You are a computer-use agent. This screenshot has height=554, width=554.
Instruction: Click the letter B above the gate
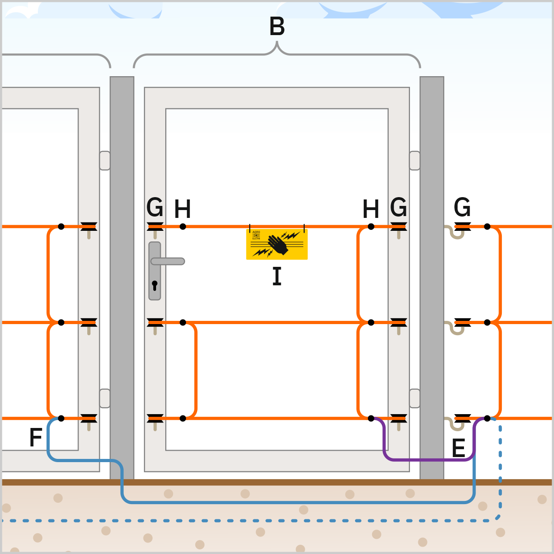[277, 27]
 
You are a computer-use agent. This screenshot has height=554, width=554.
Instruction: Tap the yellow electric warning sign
[277, 244]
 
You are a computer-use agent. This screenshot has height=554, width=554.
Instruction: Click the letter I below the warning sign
[277, 277]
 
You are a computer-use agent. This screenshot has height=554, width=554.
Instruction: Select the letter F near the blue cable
[36, 437]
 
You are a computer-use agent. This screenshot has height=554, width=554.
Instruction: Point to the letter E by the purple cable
[458, 448]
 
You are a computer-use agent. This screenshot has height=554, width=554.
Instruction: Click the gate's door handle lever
[169, 261]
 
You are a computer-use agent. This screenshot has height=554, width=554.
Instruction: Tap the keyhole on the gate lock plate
[155, 285]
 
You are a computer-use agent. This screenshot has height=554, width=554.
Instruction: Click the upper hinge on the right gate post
[415, 161]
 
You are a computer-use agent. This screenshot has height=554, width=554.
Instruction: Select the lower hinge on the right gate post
[415, 398]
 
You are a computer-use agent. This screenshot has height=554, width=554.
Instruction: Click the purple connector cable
[429, 459]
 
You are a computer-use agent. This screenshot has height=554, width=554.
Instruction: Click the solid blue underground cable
[295, 501]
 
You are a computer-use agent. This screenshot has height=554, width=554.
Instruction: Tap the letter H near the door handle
[182, 210]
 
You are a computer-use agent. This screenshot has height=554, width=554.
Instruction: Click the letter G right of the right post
[462, 207]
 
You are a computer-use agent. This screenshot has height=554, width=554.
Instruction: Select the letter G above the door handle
[155, 207]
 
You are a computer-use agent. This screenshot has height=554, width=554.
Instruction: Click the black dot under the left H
[183, 227]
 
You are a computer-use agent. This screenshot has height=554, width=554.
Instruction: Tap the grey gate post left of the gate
[122, 277]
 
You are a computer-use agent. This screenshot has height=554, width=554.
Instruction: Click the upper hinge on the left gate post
[105, 161]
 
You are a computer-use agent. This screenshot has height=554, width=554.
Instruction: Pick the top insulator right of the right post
[462, 227]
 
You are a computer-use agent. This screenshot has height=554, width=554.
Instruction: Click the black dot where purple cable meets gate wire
[371, 418]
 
